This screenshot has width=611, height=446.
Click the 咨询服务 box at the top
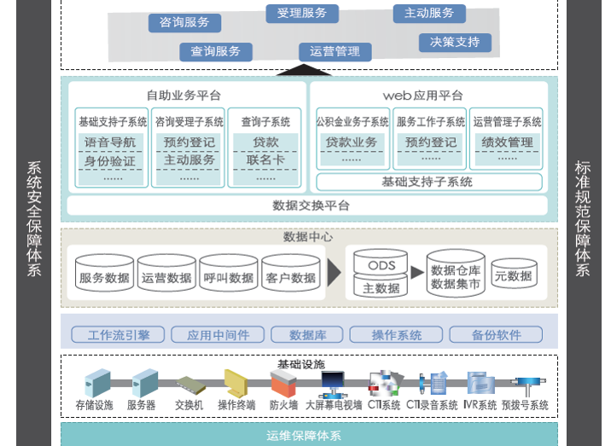[184, 22]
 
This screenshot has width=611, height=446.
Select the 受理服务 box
[302, 14]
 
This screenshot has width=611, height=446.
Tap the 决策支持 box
[454, 42]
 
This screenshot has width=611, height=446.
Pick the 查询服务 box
[216, 51]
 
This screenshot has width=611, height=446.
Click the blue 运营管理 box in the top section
[335, 51]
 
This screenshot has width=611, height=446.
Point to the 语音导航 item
[109, 142]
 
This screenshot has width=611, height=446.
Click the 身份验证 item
[109, 159]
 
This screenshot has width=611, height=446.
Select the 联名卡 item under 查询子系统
[265, 159]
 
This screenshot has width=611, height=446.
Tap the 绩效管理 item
[506, 142]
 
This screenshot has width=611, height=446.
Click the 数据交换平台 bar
[311, 206]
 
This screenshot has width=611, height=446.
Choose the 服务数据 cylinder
[104, 275]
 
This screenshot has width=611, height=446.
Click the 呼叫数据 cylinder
[229, 275]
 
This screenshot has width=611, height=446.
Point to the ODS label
[381, 265]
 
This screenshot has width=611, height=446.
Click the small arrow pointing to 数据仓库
[416, 273]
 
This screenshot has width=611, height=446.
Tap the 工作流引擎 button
[117, 335]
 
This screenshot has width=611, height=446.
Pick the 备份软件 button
[496, 335]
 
